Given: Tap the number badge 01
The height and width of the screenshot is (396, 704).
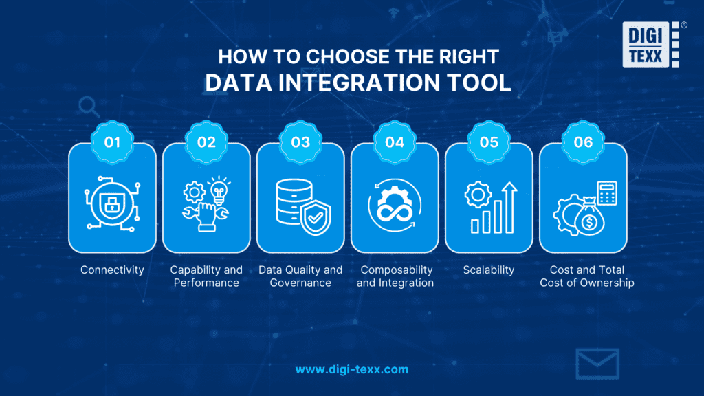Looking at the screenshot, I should click(x=112, y=142).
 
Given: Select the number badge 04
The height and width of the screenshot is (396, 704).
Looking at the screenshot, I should click(x=395, y=142).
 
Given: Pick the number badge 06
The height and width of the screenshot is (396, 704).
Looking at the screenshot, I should click(x=582, y=142).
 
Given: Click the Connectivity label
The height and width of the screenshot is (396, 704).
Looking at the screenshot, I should click(x=112, y=270).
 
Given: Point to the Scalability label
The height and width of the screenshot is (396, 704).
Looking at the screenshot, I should click(x=489, y=270).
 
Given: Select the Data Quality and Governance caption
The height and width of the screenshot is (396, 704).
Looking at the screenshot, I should click(x=300, y=276).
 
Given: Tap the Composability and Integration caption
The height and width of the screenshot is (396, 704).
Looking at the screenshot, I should click(x=395, y=276).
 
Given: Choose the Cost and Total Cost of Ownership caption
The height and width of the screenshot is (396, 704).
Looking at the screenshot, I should click(x=582, y=276).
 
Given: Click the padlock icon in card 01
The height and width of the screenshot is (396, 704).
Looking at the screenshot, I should click(x=112, y=203).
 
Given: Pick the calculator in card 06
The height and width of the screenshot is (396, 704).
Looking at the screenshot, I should click(x=606, y=192).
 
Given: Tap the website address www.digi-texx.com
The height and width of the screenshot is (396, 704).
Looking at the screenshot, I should click(x=352, y=369).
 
